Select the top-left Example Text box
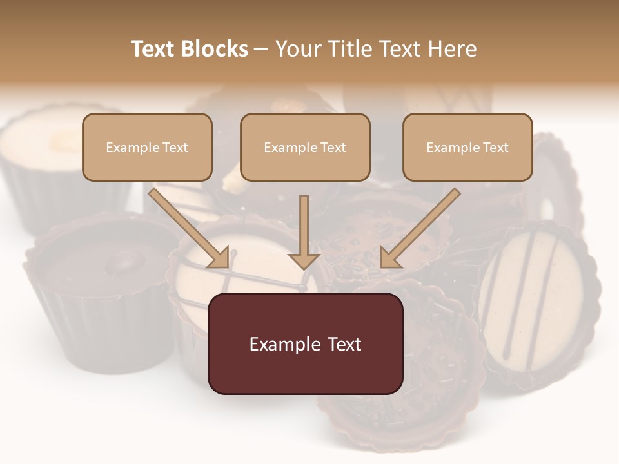click(147, 147)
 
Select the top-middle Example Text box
click(305, 147)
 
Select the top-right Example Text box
click(467, 147)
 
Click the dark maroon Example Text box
click(305, 343)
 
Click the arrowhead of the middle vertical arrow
click(304, 260)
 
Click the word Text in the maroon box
click(341, 344)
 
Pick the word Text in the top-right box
click(495, 148)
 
